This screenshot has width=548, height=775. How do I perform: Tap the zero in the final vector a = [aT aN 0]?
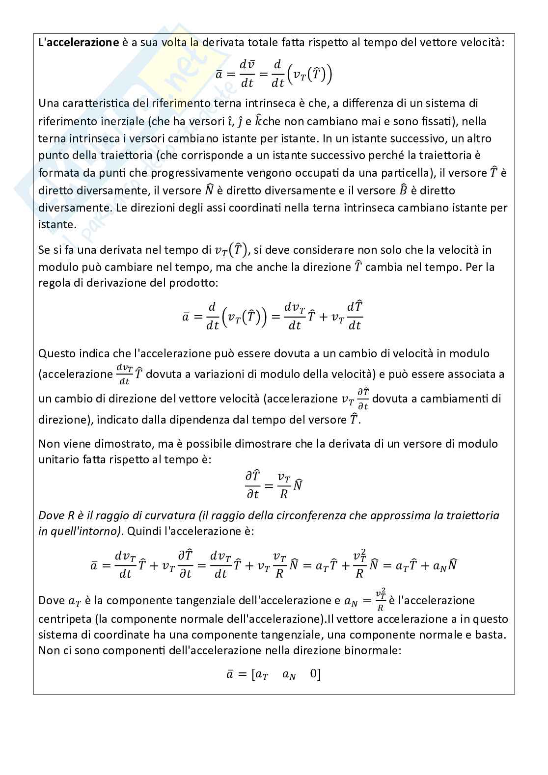click(314, 674)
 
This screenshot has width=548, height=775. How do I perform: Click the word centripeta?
click(63, 619)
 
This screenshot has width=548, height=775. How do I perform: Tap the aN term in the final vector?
click(289, 675)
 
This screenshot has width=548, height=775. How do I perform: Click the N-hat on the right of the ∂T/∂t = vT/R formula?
click(297, 485)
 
